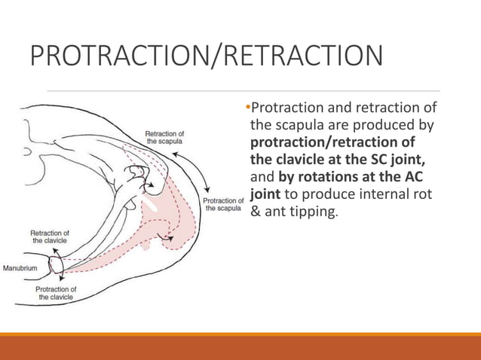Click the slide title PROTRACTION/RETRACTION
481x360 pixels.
tap(204, 57)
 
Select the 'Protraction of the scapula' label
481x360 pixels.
tap(222, 204)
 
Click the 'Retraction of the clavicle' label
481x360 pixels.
tap(51, 236)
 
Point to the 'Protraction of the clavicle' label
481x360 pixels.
tap(56, 293)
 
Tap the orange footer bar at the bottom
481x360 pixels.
tap(240, 347)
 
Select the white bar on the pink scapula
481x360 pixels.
tap(152, 201)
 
